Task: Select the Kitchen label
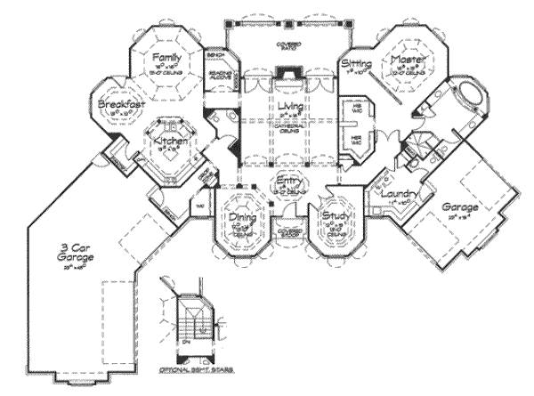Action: pyautogui.click(x=168, y=141)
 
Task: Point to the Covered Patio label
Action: pyautogui.click(x=287, y=44)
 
